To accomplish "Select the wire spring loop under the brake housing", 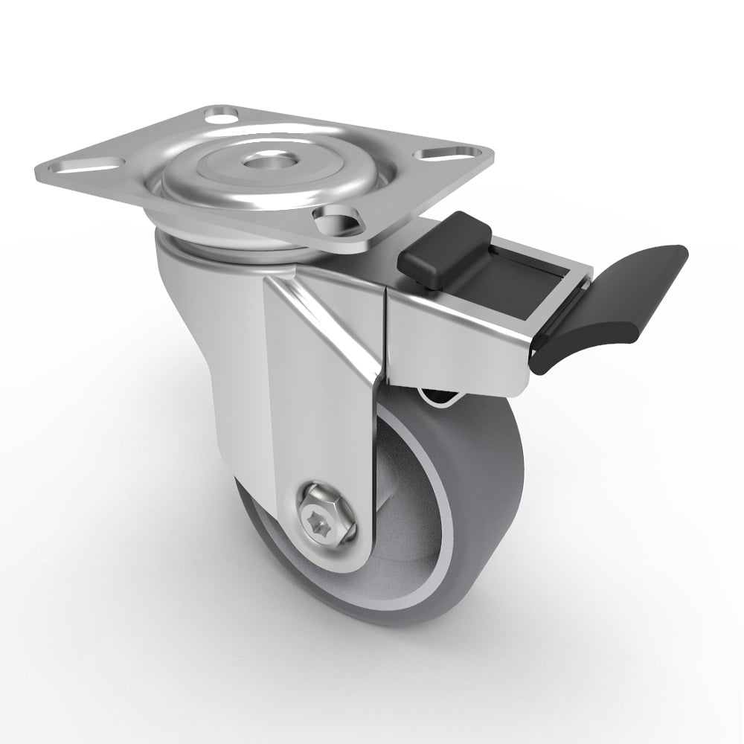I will click(439, 398).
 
